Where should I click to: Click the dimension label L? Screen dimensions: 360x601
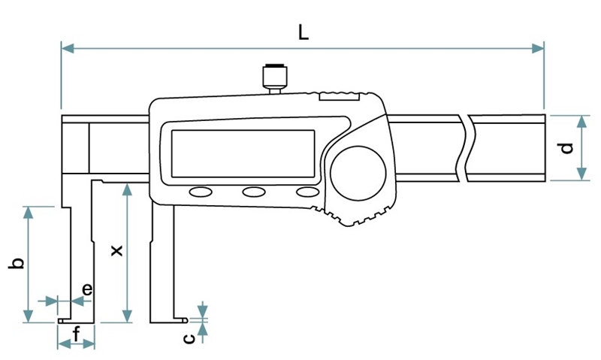pyautogui.click(x=301, y=32)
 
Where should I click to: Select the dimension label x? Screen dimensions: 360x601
pyautogui.click(x=115, y=250)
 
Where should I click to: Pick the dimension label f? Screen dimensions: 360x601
pyautogui.click(x=77, y=333)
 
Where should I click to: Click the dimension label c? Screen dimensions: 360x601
pyautogui.click(x=190, y=339)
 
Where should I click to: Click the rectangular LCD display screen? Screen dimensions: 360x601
pyautogui.click(x=243, y=152)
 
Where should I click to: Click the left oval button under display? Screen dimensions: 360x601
pyautogui.click(x=201, y=192)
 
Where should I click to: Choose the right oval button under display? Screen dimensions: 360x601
pyautogui.click(x=307, y=192)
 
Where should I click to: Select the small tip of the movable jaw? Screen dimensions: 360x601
pyautogui.click(x=184, y=319)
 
